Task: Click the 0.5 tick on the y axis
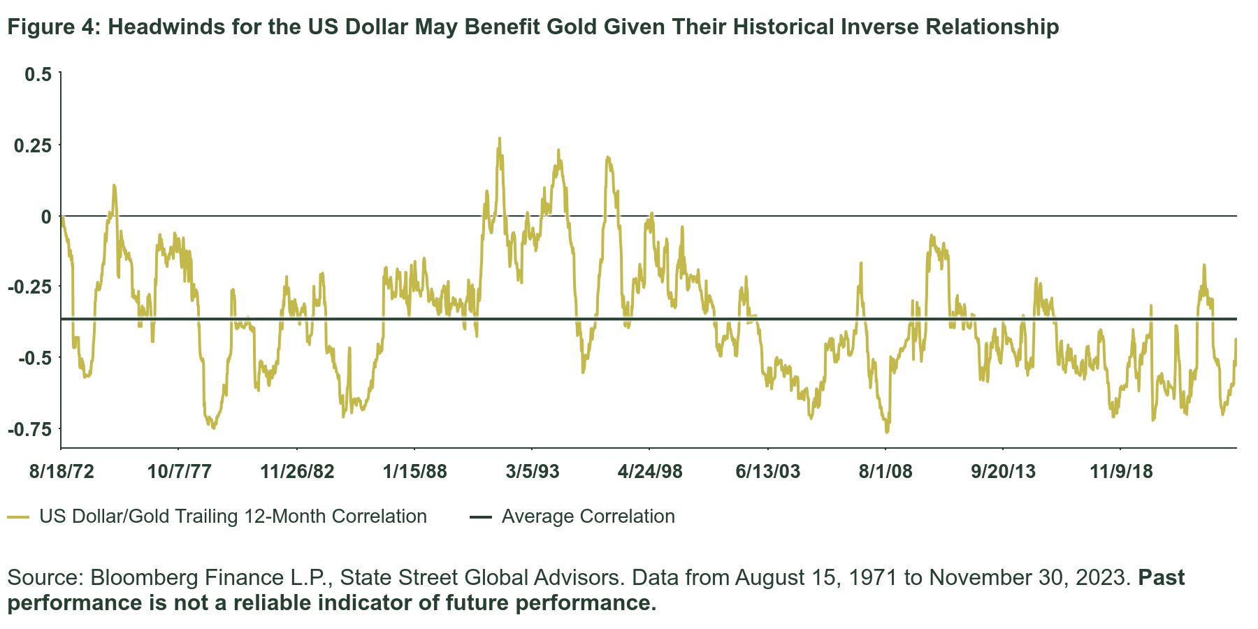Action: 38,74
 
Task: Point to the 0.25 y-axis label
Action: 33,145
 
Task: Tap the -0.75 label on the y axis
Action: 29,429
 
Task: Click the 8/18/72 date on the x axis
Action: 61,472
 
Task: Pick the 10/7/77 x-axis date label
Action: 179,472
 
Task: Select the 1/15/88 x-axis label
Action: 414,472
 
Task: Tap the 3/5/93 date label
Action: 533,472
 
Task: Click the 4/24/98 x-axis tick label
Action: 650,472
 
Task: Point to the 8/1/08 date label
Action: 885,472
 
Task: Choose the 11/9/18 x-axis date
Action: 1121,472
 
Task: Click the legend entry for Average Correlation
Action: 588,516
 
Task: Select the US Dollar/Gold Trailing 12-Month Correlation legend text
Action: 233,516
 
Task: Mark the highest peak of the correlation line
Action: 499,138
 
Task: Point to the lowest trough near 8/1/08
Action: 887,432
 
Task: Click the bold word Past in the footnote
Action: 1162,577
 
